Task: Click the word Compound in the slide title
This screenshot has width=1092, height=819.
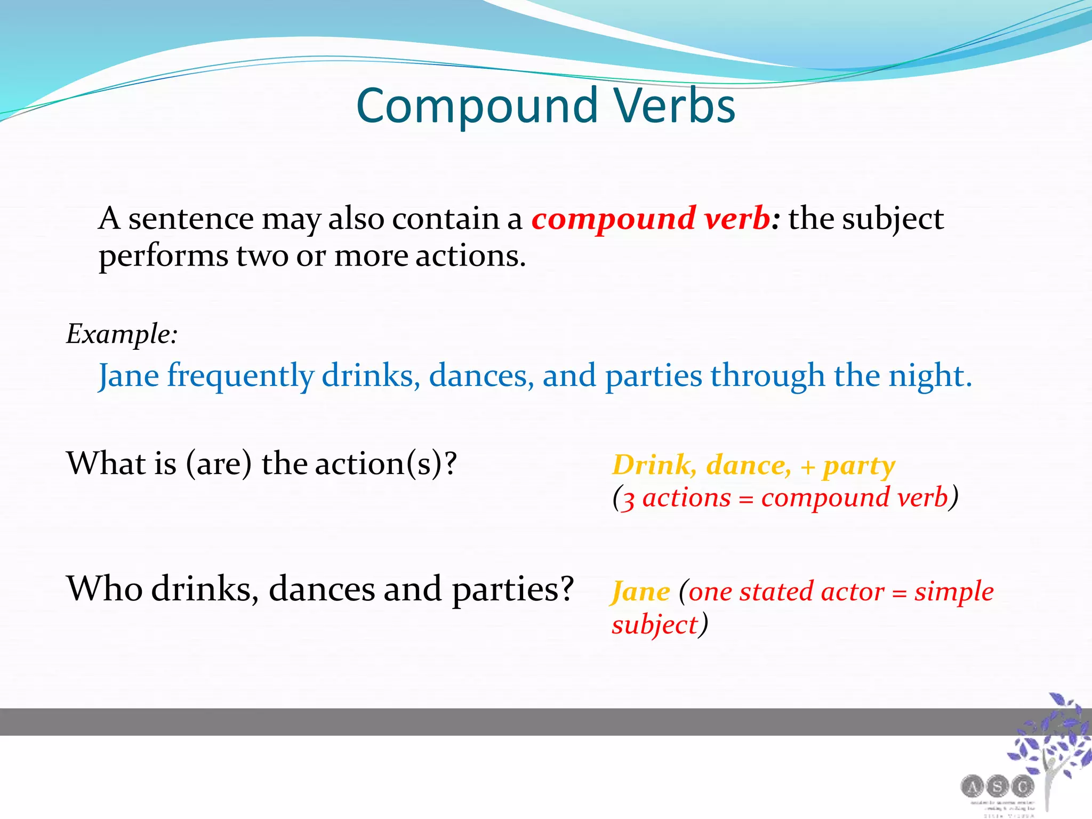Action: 477,107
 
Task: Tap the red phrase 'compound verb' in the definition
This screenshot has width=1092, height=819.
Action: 651,219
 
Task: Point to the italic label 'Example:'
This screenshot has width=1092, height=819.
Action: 122,335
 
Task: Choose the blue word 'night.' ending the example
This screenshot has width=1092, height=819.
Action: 930,375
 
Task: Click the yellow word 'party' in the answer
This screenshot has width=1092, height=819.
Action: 858,466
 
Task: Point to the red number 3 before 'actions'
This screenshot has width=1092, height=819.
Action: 629,500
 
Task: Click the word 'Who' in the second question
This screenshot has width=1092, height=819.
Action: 104,589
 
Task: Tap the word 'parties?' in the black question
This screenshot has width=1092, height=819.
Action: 512,590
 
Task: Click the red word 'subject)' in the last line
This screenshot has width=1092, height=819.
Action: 660,624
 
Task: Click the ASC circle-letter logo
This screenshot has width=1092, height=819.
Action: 997,786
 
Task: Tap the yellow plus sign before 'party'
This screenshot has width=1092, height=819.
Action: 807,468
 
